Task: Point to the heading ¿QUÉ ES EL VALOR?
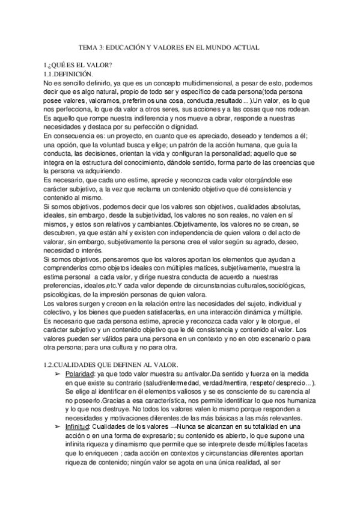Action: (79, 64)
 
